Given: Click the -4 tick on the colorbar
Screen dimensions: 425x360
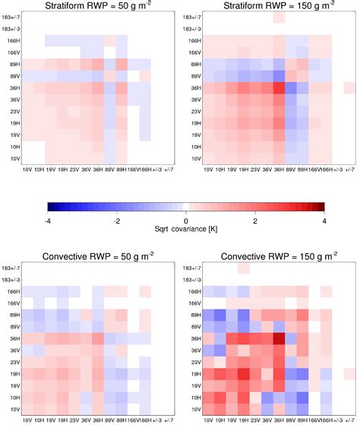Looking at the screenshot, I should [48, 219].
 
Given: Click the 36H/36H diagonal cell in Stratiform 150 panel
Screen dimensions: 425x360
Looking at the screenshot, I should [279, 88].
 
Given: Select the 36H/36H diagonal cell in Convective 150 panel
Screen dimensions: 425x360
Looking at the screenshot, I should [279, 338].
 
